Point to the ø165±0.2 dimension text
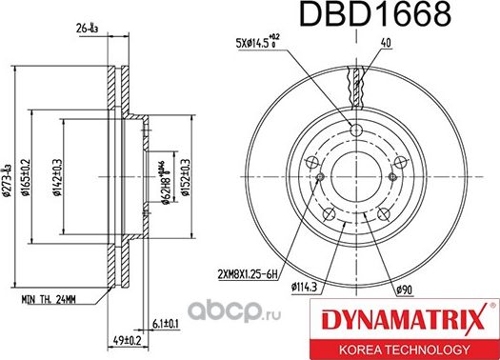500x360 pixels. [33, 175]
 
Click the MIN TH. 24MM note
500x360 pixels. [50, 298]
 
